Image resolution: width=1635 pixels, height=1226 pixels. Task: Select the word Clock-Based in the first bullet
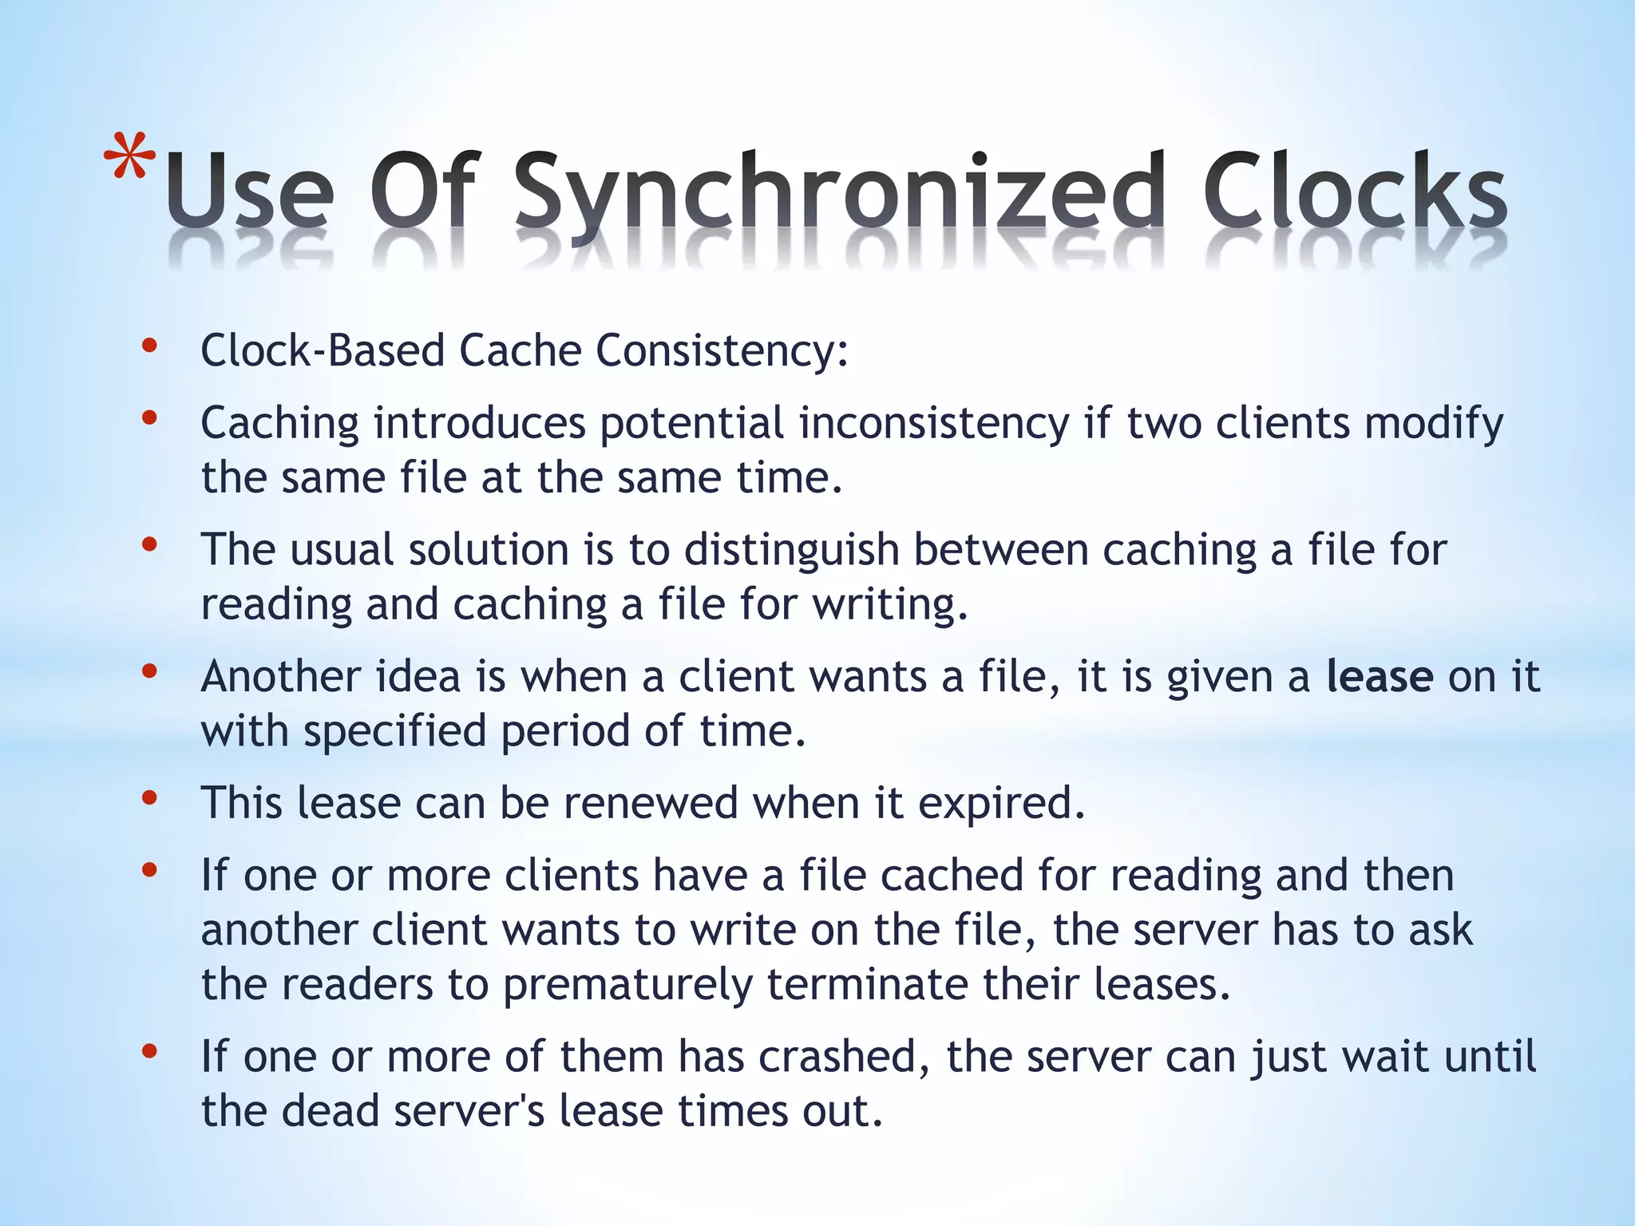(x=323, y=350)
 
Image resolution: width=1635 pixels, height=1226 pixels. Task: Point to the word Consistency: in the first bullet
(x=722, y=351)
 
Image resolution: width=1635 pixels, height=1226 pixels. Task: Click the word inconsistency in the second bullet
(x=933, y=423)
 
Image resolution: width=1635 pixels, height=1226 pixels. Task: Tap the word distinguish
(x=791, y=550)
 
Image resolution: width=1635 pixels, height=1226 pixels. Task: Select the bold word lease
(x=1380, y=677)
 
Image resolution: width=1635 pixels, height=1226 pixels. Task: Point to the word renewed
(x=651, y=803)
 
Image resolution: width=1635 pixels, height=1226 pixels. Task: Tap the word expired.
(x=1001, y=804)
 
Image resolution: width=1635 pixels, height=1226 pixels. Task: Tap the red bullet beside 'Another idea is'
(x=149, y=671)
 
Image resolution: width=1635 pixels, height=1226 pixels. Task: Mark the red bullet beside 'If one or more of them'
(x=149, y=1051)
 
